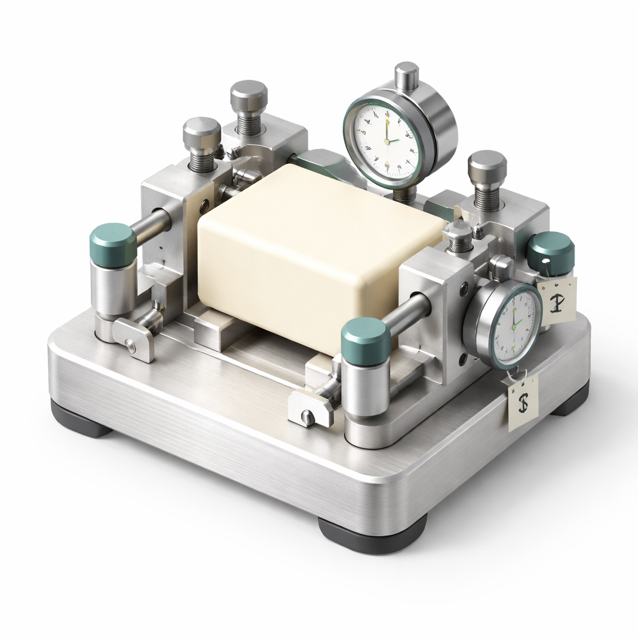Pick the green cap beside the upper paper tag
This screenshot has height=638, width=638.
click(x=551, y=252)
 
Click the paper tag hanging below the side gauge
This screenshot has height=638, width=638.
click(x=523, y=404)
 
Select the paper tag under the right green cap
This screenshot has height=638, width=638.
click(x=557, y=300)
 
